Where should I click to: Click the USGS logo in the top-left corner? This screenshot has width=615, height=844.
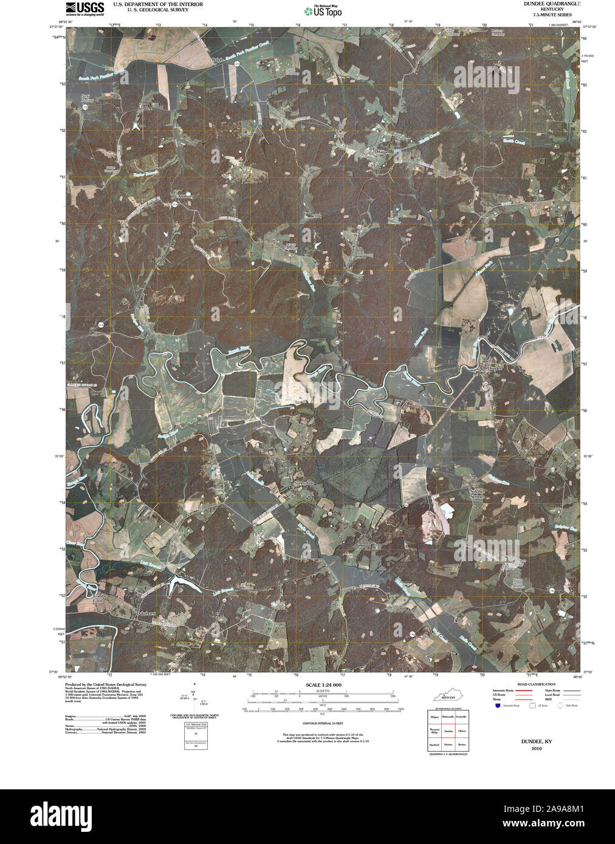(84, 8)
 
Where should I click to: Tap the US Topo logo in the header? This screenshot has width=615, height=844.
(323, 10)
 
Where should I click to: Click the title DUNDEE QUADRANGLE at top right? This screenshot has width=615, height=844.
(548, 4)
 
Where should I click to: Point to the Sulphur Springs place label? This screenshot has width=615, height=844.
(477, 494)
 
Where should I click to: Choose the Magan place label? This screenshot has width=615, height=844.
(382, 152)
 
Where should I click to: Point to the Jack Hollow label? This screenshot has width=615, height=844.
(89, 99)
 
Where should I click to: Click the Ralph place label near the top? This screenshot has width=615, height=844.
(217, 60)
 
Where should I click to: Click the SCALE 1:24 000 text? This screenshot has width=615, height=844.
(324, 685)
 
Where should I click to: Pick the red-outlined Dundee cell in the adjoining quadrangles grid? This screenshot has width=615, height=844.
(448, 733)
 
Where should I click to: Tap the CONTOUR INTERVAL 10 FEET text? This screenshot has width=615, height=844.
(323, 724)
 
